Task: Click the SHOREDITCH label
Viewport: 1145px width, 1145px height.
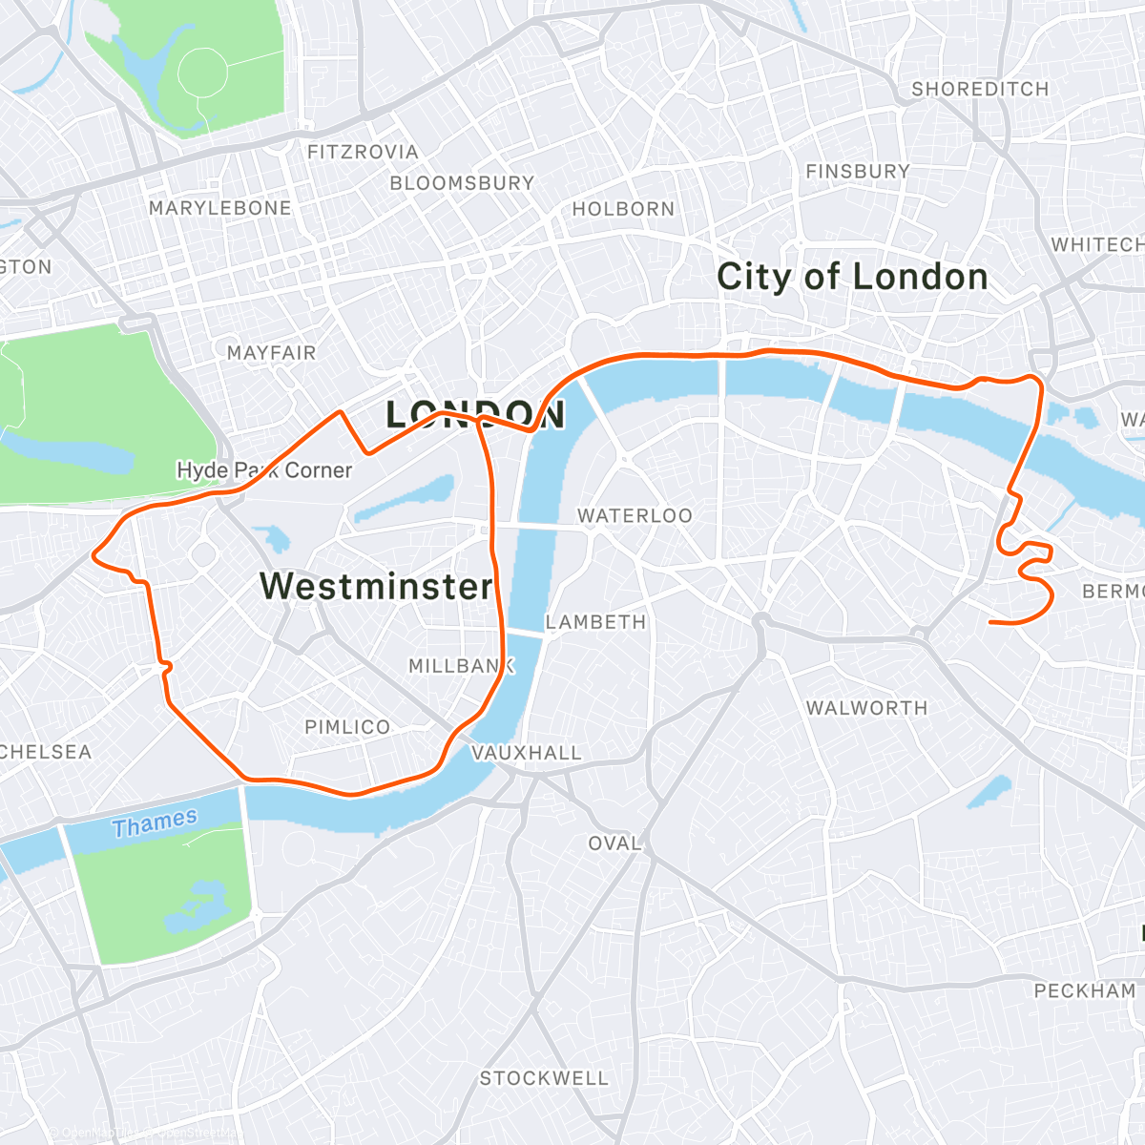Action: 980,89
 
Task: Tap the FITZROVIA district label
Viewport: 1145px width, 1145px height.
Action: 363,152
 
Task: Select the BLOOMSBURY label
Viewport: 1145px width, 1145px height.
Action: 462,182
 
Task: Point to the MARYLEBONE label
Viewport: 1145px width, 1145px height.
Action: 220,208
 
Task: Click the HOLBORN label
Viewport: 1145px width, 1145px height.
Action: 623,208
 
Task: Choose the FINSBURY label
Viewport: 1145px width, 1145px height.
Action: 858,172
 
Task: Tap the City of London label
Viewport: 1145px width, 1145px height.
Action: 852,277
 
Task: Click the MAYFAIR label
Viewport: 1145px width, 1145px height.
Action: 271,353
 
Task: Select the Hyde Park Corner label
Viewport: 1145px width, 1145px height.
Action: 264,470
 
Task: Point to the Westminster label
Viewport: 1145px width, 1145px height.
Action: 376,586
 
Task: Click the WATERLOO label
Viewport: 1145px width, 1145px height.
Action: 635,515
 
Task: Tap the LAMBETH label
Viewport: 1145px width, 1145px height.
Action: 596,622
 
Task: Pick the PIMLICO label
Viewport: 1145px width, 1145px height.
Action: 347,727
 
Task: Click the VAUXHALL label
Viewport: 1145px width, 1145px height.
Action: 527,753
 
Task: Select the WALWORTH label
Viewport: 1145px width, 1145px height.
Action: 866,708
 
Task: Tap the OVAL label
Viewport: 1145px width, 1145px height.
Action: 614,843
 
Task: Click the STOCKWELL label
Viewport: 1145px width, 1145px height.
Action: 544,1078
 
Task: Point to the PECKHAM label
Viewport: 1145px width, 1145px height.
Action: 1085,990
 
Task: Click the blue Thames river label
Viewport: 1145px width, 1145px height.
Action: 155,822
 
